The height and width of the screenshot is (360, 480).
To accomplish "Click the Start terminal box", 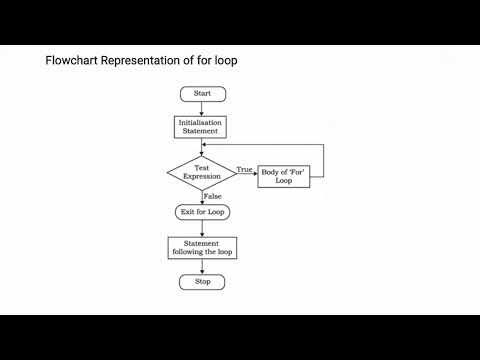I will click(202, 93).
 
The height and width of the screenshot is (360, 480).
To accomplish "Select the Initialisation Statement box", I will click(202, 127).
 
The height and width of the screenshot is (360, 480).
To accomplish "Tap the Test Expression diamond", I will click(202, 171).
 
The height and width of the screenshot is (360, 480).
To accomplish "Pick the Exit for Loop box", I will click(202, 212).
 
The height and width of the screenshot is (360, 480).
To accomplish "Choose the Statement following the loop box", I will click(202, 248).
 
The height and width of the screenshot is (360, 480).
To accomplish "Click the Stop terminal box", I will click(202, 282).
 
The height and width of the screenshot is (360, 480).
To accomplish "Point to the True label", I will click(243, 170).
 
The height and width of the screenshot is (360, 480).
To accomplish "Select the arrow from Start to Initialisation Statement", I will click(202, 108).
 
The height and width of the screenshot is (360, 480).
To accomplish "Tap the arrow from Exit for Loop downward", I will click(202, 228).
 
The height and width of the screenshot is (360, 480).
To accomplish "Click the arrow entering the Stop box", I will click(202, 267).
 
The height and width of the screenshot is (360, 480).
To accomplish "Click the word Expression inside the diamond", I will click(202, 176).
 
